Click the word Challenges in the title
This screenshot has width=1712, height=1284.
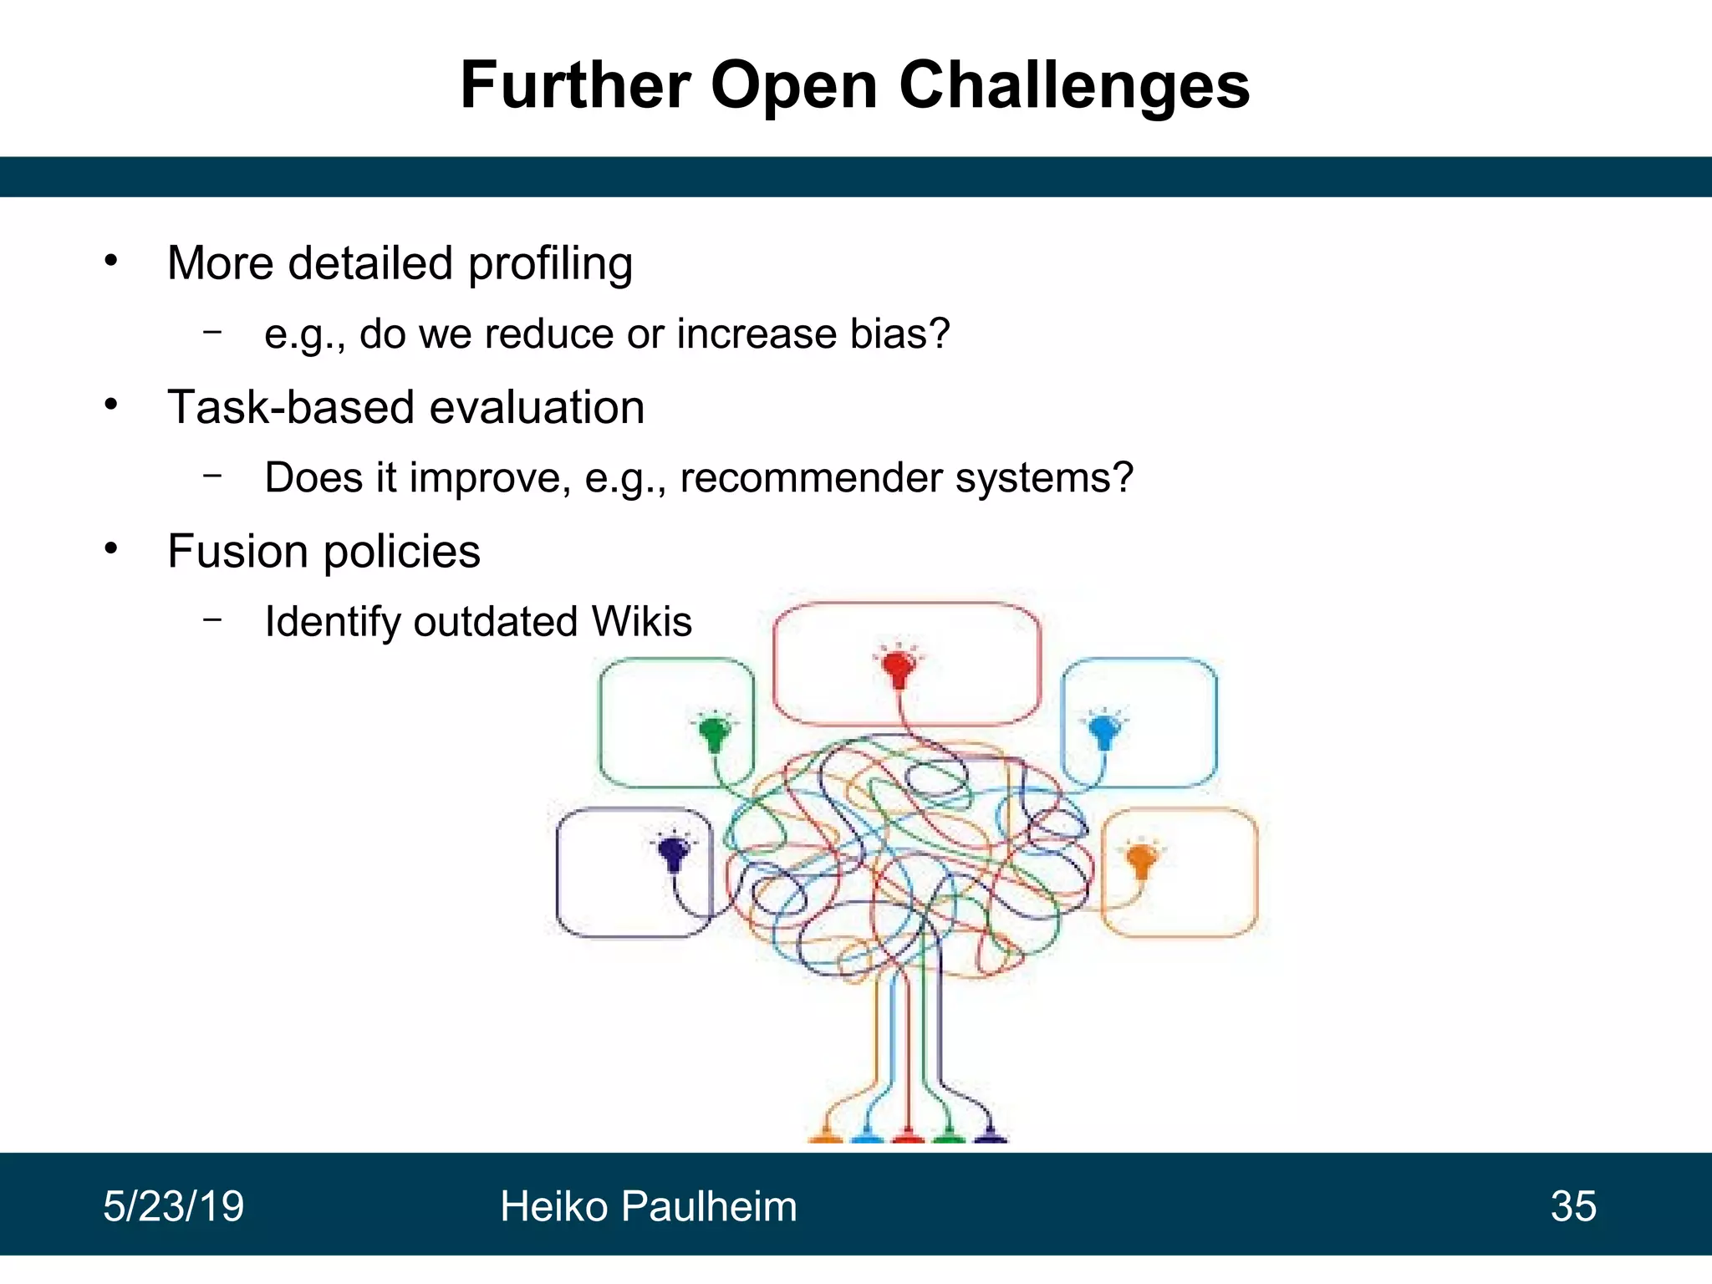pyautogui.click(x=1074, y=86)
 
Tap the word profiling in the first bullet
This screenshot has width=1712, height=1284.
pyautogui.click(x=550, y=264)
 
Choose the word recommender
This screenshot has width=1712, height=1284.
pyautogui.click(x=811, y=478)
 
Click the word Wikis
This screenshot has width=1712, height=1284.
pyautogui.click(x=641, y=622)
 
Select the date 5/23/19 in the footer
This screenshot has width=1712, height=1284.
pyautogui.click(x=173, y=1206)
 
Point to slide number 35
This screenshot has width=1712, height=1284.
pyautogui.click(x=1573, y=1206)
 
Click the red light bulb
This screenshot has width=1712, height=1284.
pyautogui.click(x=899, y=668)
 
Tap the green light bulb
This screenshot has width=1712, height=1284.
pyautogui.click(x=714, y=733)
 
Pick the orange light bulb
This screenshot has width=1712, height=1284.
pyautogui.click(x=1141, y=859)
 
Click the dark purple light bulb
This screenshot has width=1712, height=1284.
pyautogui.click(x=673, y=853)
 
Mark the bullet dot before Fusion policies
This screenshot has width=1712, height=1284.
pyautogui.click(x=111, y=549)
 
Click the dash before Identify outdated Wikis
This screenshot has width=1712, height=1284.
pyautogui.click(x=213, y=619)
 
